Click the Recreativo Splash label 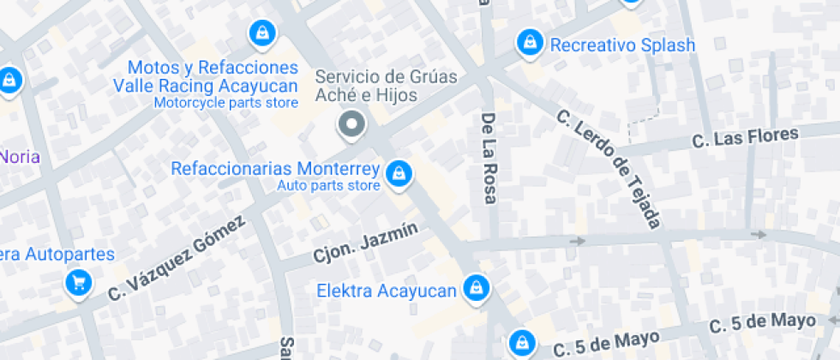[x=622, y=45]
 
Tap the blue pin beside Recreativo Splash [x=529, y=42]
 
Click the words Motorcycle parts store [x=226, y=103]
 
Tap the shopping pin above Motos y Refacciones [x=260, y=34]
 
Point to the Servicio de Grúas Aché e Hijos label [x=387, y=85]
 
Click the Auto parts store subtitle [x=328, y=185]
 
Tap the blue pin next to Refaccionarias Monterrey [x=398, y=175]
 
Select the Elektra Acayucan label [x=387, y=291]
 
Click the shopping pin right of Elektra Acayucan [x=475, y=289]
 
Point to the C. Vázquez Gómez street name [x=177, y=256]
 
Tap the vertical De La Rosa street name [x=489, y=159]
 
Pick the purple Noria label [x=19, y=156]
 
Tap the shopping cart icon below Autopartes [x=79, y=282]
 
